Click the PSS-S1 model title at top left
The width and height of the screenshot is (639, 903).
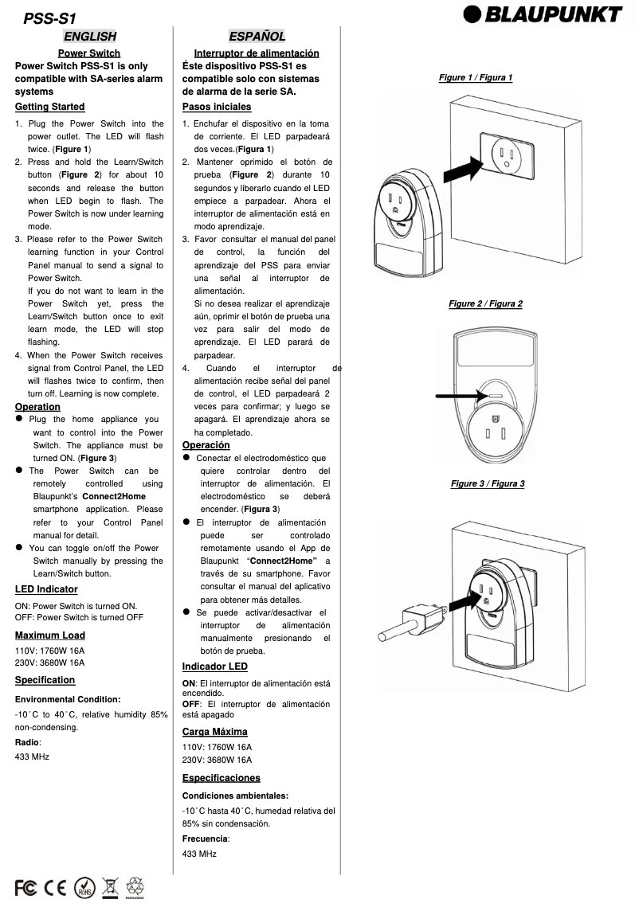click(50, 18)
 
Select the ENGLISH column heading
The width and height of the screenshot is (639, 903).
click(89, 36)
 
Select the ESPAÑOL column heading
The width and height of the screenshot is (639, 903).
click(257, 36)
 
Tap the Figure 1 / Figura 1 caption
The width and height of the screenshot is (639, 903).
click(476, 77)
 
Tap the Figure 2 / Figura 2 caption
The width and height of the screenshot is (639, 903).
click(485, 303)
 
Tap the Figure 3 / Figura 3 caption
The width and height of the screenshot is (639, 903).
click(488, 483)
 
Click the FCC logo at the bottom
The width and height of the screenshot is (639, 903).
click(26, 886)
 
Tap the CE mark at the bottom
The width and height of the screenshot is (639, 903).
click(56, 886)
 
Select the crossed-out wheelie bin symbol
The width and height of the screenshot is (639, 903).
click(110, 886)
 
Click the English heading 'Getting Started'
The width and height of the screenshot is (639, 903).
click(49, 107)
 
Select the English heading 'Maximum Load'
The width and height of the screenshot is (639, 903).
click(49, 635)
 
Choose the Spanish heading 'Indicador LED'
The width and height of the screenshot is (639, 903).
click(214, 666)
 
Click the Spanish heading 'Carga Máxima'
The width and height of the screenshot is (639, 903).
click(214, 732)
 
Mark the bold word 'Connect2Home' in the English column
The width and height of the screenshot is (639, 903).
click(114, 496)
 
